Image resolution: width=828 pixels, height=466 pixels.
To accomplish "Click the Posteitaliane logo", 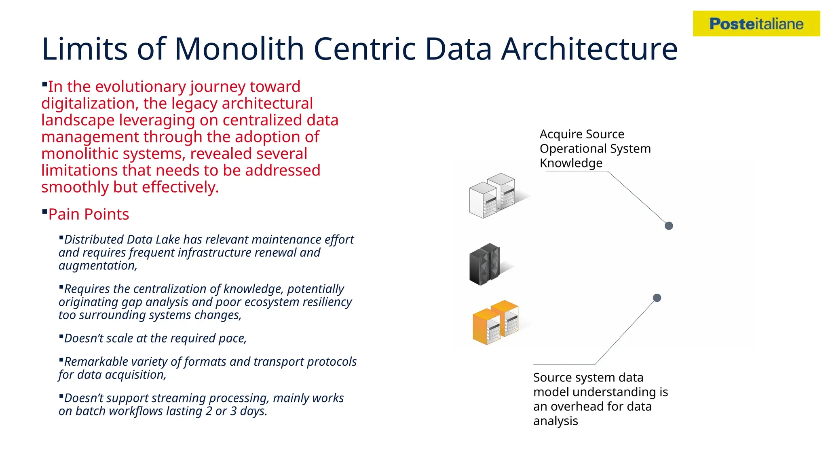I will pyautogui.click(x=756, y=24).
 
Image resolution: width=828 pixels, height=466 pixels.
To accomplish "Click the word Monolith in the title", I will pyautogui.click(x=239, y=49).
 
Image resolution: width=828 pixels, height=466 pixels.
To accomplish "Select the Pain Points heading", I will pyautogui.click(x=89, y=214).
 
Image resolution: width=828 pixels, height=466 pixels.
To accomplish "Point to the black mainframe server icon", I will pyautogui.click(x=485, y=264).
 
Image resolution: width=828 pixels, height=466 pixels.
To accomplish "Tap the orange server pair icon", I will pyautogui.click(x=496, y=322).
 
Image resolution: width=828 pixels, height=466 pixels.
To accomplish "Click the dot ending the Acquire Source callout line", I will pyautogui.click(x=669, y=226).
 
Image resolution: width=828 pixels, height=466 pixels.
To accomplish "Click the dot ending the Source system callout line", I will pyautogui.click(x=657, y=298).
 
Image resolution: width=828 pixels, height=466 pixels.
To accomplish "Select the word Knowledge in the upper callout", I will pyautogui.click(x=571, y=163).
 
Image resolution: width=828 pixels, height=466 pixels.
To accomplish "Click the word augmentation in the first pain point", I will pyautogui.click(x=97, y=266).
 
